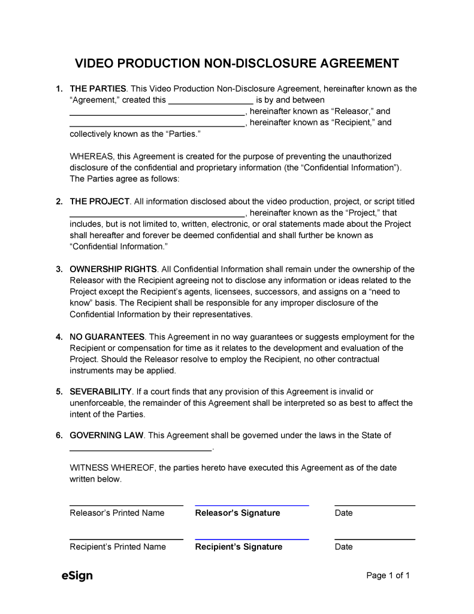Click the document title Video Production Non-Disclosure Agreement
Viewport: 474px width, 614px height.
click(x=237, y=64)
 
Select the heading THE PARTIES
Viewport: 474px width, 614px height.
click(x=98, y=89)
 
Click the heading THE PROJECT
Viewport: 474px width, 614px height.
click(x=99, y=201)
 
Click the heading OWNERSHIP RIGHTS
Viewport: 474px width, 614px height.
click(x=113, y=269)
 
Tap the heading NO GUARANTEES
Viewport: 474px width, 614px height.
click(x=107, y=337)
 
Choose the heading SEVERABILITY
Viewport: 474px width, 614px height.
click(x=101, y=392)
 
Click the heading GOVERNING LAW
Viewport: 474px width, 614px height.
click(x=107, y=435)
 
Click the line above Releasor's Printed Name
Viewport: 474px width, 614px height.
click(x=126, y=505)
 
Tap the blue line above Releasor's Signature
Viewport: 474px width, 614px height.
click(x=252, y=505)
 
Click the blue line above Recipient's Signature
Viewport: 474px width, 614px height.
click(x=252, y=539)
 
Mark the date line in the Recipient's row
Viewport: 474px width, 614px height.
click(x=375, y=539)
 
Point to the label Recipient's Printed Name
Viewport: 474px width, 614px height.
click(x=117, y=547)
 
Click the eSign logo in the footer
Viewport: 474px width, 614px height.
click(x=77, y=576)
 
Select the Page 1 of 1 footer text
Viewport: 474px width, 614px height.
click(x=388, y=576)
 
